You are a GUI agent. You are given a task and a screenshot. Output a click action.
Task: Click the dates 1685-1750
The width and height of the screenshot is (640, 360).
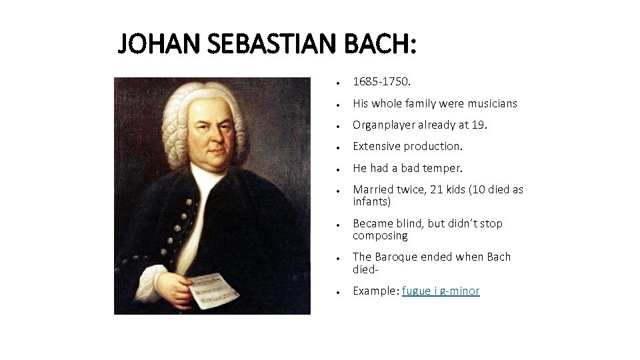point(381,82)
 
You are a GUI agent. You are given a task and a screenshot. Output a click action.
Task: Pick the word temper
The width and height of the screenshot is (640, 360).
point(443,168)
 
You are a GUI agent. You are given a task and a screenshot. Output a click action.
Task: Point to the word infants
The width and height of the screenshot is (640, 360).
point(371,201)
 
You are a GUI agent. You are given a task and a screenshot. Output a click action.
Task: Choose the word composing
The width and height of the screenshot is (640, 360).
point(380,236)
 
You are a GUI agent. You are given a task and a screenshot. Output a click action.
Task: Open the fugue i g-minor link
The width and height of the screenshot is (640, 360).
point(441,291)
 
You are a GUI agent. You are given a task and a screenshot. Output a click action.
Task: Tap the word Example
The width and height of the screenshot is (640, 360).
point(375,291)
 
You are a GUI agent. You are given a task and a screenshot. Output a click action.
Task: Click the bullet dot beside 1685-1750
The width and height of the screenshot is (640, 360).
point(339,83)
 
